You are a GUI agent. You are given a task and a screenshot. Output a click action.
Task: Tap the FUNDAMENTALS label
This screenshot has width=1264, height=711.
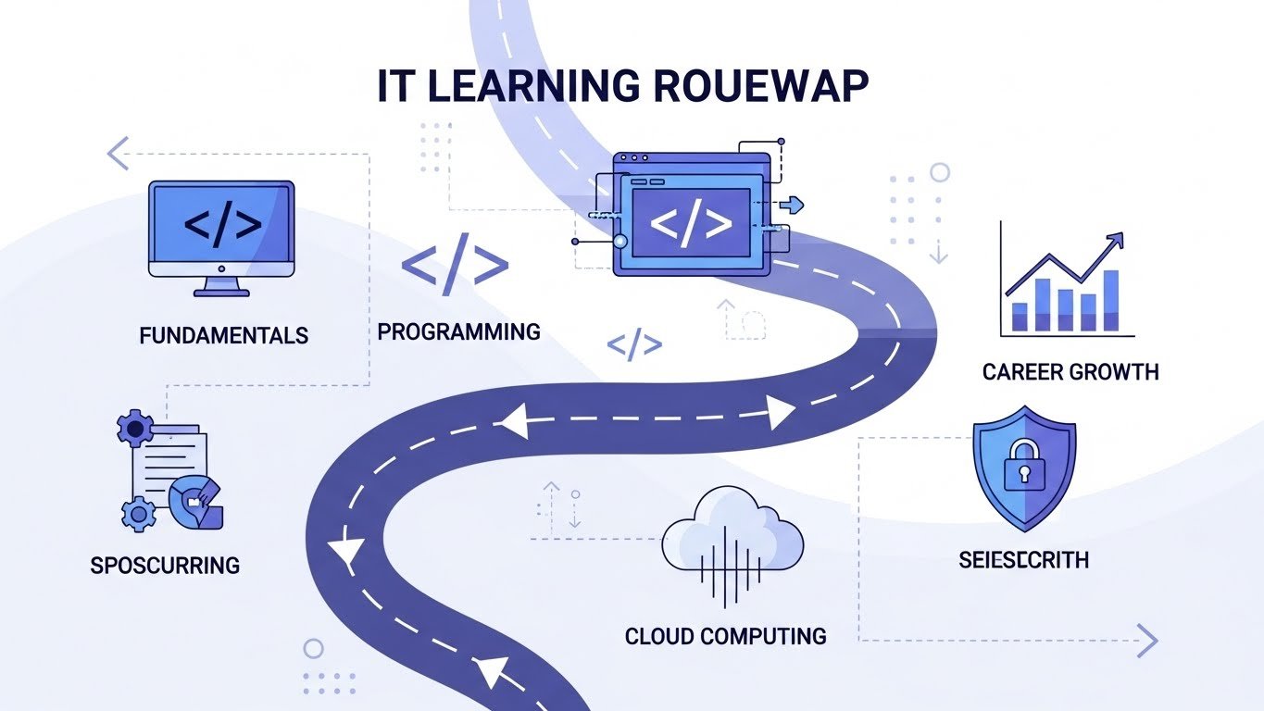coord(223,335)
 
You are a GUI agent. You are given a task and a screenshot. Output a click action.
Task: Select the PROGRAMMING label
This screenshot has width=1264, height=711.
coord(459,331)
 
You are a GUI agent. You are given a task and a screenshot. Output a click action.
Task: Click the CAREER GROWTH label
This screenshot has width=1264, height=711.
coord(1070,372)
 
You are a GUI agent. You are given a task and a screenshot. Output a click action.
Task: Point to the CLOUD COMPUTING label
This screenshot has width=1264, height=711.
coord(725,636)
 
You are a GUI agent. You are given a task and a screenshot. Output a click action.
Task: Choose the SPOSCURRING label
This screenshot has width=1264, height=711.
coord(165,565)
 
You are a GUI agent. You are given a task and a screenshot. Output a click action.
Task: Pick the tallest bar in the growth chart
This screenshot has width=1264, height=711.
coord(1111,300)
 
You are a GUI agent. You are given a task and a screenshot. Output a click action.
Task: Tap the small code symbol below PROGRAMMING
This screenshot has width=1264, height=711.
coord(634,345)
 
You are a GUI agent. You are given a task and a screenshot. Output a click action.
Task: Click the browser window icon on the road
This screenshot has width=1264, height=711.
coord(691,216)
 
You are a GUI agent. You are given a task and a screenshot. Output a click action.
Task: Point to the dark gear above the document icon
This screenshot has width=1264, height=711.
coord(136,428)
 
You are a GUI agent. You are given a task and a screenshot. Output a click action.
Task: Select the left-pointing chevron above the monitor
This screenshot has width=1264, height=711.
coord(118,154)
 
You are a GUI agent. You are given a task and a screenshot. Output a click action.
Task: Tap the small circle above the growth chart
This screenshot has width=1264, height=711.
coord(940,172)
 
